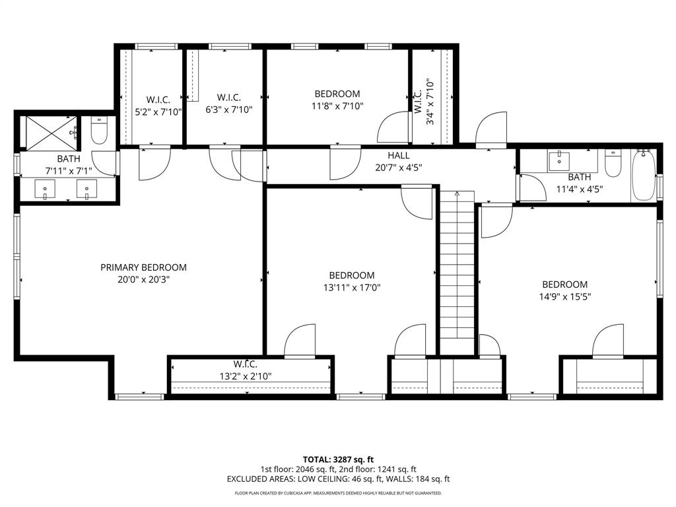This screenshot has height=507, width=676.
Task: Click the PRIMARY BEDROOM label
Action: tap(143, 267)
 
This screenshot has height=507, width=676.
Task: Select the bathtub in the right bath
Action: tap(643, 175)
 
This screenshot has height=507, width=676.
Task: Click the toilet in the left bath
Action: tap(99, 131)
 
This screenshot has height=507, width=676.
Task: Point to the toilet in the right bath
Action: tap(613, 163)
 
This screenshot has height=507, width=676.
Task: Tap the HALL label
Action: tap(398, 156)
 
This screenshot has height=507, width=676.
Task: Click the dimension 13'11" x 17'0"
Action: tap(352, 287)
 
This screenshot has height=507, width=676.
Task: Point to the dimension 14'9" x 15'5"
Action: tap(564, 296)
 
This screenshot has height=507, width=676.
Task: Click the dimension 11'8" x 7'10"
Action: tap(337, 106)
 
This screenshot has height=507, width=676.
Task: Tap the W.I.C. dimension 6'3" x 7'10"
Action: tap(228, 109)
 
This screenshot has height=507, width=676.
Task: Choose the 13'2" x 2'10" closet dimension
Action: tap(245, 376)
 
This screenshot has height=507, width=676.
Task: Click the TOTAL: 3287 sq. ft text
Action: tap(338, 459)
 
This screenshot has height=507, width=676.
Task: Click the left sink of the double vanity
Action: tap(46, 190)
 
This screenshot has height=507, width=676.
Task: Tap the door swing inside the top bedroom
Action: tap(393, 127)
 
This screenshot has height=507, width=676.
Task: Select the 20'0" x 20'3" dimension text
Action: tap(143, 279)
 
